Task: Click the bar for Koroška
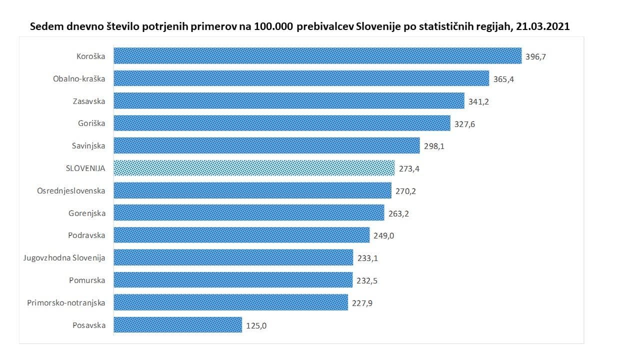click(317, 56)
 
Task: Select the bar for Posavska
click(178, 325)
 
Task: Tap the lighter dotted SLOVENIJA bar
click(254, 168)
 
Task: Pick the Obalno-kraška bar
click(301, 78)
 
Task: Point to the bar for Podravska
click(241, 235)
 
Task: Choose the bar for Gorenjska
click(249, 213)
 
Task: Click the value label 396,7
click(536, 56)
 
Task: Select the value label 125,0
click(257, 325)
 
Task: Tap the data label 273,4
click(409, 169)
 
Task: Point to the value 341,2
click(478, 101)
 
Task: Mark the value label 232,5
click(367, 281)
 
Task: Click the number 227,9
click(362, 303)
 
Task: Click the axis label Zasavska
click(88, 101)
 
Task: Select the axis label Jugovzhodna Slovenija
click(64, 258)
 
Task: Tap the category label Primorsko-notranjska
click(66, 302)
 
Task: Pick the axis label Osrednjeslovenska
click(71, 191)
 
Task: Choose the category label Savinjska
click(88, 146)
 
